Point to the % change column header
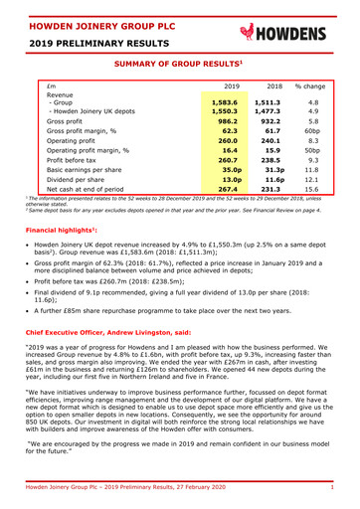(x=314, y=87)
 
